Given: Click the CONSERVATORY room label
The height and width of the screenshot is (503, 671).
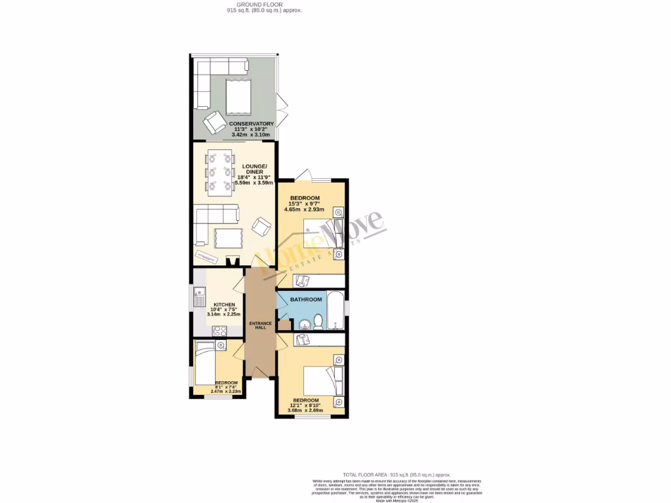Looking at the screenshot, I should click(x=251, y=124).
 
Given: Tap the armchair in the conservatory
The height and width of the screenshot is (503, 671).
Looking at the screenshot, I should click(x=214, y=122).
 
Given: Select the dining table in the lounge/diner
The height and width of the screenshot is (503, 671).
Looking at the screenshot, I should click(x=220, y=173).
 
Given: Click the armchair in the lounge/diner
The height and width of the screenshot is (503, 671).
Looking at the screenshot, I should click(x=261, y=228).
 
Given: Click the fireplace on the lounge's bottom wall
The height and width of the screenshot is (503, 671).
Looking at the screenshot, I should click(x=231, y=261).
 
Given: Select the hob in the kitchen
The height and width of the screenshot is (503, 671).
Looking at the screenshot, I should click(x=218, y=331).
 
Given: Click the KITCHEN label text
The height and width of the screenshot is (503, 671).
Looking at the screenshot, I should click(x=225, y=305).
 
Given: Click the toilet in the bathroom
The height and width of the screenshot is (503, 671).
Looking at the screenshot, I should click(x=318, y=321).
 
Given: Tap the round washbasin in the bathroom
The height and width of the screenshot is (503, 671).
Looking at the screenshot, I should click(x=303, y=324).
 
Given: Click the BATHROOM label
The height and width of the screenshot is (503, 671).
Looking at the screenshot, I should click(x=307, y=299).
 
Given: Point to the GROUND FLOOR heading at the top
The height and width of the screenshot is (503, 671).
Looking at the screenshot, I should click(x=254, y=5).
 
